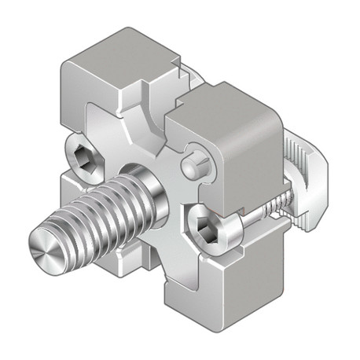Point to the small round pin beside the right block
click(x=193, y=167)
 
